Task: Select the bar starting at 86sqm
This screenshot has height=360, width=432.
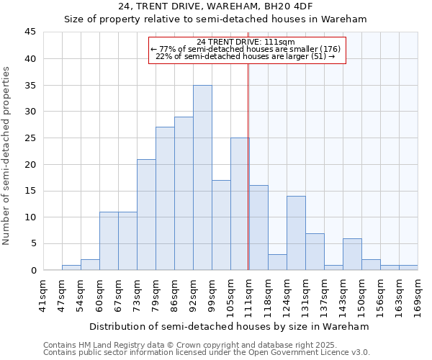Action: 184,194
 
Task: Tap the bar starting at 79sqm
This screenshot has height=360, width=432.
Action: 165,199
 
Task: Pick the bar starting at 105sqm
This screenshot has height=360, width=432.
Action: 240,204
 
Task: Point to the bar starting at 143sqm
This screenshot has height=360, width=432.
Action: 352,254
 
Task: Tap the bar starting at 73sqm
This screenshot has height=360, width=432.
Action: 146,215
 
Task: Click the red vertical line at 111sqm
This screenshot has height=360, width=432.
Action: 248,166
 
